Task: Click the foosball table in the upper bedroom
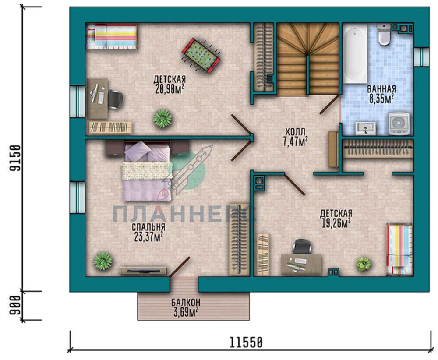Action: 201,56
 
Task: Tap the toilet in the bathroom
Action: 384,34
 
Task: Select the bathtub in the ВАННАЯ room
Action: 355,53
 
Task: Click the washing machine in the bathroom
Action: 399,123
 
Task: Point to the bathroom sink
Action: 365,128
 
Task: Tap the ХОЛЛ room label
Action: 295,131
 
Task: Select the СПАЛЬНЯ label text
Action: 148,227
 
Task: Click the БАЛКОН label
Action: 186,302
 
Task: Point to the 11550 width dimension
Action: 246,342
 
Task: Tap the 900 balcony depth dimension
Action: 15,305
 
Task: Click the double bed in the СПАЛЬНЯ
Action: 147,171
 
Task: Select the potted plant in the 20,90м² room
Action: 162,118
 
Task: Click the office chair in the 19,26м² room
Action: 302,246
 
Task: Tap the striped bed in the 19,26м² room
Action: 399,250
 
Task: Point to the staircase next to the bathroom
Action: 308,59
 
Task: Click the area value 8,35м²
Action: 381,99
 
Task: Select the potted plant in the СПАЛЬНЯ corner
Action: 103,261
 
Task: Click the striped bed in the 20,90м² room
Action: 111,37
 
